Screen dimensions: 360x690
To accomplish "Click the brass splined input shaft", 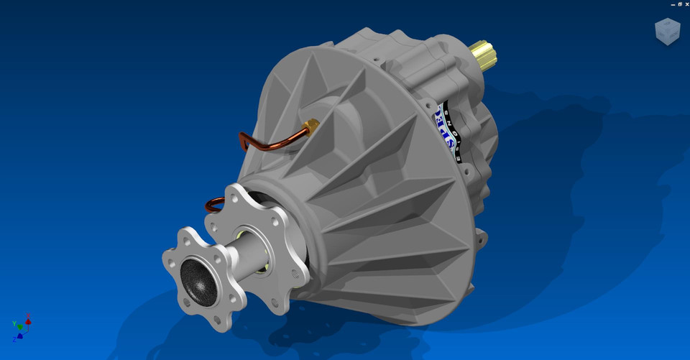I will [x=483, y=56].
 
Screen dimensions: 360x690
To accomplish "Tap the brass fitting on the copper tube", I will [x=311, y=128].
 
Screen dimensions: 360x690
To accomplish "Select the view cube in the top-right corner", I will [x=667, y=32].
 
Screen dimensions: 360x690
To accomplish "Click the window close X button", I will [x=686, y=4].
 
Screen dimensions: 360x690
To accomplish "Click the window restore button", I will [x=679, y=4].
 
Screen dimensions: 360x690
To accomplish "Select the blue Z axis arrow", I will [x=20, y=335].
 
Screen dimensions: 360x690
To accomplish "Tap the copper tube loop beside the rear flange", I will [x=213, y=206].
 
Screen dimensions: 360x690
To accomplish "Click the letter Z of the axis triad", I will [x=14, y=339].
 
